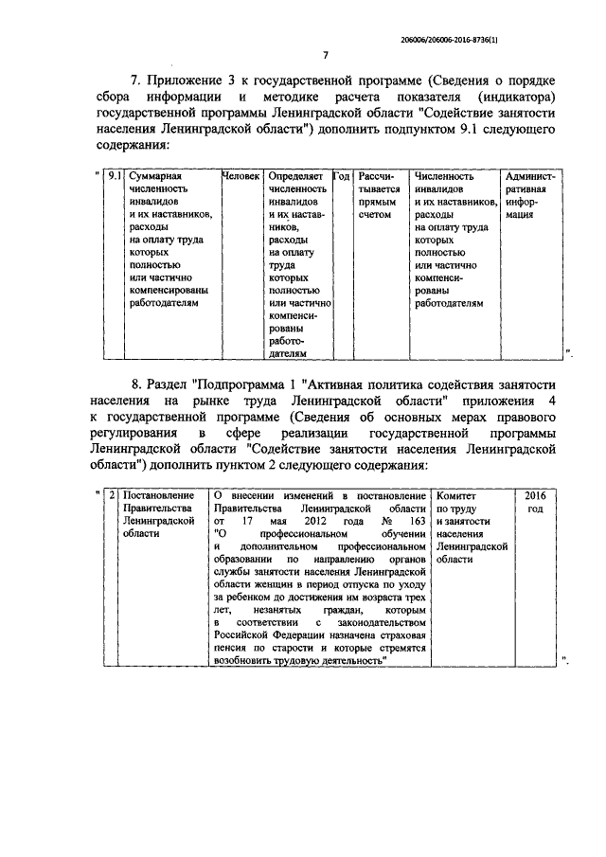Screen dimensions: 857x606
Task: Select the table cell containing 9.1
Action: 114,177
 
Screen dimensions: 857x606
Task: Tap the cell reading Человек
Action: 241,177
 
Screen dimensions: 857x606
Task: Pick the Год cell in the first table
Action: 343,177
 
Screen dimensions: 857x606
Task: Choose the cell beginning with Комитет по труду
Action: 471,527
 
